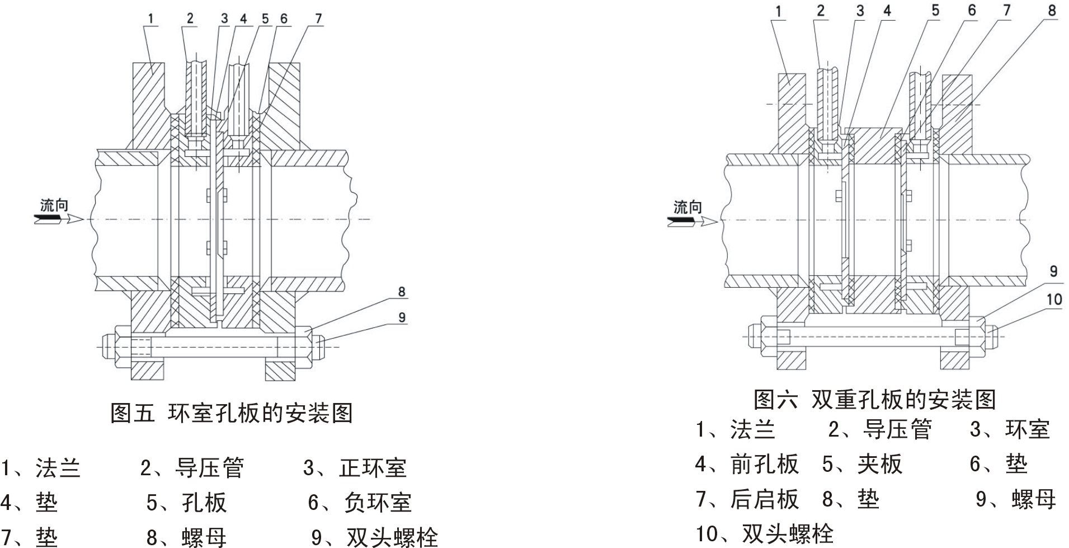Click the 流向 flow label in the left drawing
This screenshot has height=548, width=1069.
[54, 205]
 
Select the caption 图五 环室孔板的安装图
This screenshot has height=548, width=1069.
[232, 413]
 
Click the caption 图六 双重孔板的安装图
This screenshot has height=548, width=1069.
[874, 400]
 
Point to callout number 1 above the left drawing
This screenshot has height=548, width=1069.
[150, 18]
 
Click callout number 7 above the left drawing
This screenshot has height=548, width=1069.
[318, 18]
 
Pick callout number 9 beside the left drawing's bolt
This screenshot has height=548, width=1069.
[402, 317]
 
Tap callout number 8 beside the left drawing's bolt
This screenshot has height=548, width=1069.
[402, 292]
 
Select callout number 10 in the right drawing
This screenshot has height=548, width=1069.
[1054, 299]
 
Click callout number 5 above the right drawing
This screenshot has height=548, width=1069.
[935, 10]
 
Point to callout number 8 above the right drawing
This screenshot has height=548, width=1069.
[1052, 10]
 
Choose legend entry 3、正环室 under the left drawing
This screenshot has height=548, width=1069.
[355, 468]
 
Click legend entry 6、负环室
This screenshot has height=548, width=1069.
[360, 503]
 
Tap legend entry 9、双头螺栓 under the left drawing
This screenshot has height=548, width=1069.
[374, 537]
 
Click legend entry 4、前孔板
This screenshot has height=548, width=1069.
[747, 464]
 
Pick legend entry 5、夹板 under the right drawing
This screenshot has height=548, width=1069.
[862, 464]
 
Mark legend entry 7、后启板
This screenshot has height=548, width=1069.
[747, 499]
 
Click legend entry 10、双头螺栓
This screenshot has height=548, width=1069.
[765, 533]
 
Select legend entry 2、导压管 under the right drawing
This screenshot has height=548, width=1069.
[880, 430]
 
